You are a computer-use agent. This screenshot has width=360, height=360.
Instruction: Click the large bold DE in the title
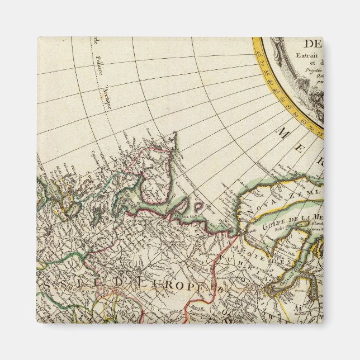pyautogui.click(x=312, y=44)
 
